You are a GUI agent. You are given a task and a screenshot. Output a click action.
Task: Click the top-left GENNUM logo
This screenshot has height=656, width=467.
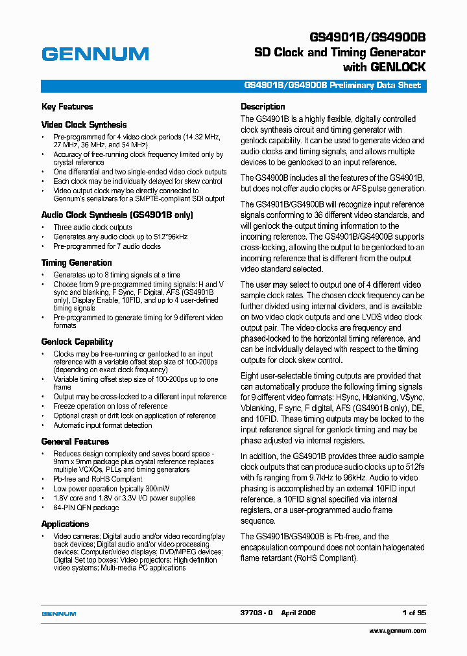tap(95, 54)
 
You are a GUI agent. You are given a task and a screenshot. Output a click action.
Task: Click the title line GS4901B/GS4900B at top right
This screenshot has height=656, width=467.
tap(366, 38)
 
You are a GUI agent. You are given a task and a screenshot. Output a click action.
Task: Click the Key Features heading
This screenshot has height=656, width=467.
tap(67, 107)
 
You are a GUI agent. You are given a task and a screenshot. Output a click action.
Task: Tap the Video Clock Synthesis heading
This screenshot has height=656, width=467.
tap(84, 124)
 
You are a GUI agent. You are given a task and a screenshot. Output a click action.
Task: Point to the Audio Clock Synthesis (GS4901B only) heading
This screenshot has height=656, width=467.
tap(117, 215)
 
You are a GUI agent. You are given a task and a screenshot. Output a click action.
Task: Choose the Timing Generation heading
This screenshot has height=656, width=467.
tap(77, 263)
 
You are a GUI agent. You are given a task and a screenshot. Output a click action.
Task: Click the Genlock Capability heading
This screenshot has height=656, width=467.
tap(77, 342)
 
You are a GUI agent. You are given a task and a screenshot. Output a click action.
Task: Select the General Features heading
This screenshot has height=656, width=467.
tap(75, 441)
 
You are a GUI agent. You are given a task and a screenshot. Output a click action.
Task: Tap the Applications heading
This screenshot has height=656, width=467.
tap(65, 524)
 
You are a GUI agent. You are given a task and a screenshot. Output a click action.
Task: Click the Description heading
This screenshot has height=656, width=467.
tap(263, 107)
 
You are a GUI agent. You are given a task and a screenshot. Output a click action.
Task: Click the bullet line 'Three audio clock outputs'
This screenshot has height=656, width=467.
tap(93, 228)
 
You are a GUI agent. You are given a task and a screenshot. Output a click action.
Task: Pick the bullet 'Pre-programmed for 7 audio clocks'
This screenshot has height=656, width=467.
tap(107, 246)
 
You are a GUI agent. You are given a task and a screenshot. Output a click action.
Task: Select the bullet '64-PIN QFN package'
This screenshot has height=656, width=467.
tap(86, 508)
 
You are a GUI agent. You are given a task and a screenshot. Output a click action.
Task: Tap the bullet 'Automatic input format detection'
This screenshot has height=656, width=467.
tap(102, 425)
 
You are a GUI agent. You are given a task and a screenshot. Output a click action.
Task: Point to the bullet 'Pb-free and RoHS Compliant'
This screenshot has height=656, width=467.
tap(98, 479)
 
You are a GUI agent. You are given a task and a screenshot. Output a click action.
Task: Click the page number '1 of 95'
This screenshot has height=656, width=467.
tap(413, 613)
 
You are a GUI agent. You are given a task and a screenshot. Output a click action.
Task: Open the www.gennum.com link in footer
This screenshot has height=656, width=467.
tap(398, 631)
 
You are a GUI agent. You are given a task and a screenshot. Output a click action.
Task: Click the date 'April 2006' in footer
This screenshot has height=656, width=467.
tap(298, 613)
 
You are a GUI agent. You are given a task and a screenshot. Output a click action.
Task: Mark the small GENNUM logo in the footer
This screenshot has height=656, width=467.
tap(59, 613)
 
